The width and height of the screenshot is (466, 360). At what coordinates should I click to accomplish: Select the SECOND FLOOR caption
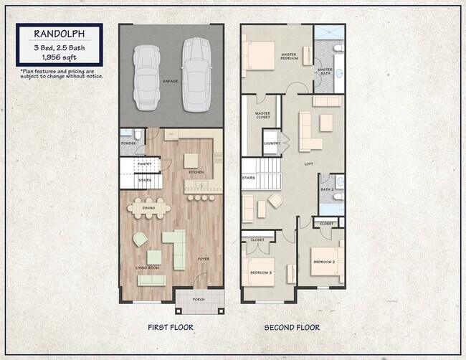point(292,328)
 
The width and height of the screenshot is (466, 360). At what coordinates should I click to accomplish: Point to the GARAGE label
point(170,82)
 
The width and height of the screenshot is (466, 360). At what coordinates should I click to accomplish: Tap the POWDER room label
point(128,143)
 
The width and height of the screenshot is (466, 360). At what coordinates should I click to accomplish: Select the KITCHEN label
point(196,172)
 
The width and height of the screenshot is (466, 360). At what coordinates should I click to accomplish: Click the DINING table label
point(148,208)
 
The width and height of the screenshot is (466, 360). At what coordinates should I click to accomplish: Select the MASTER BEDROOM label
point(290,57)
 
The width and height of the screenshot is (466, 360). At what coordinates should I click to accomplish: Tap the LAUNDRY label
point(272,143)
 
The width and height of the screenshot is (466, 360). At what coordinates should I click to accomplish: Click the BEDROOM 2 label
point(323,262)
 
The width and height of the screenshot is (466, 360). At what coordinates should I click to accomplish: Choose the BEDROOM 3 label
point(260,273)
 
